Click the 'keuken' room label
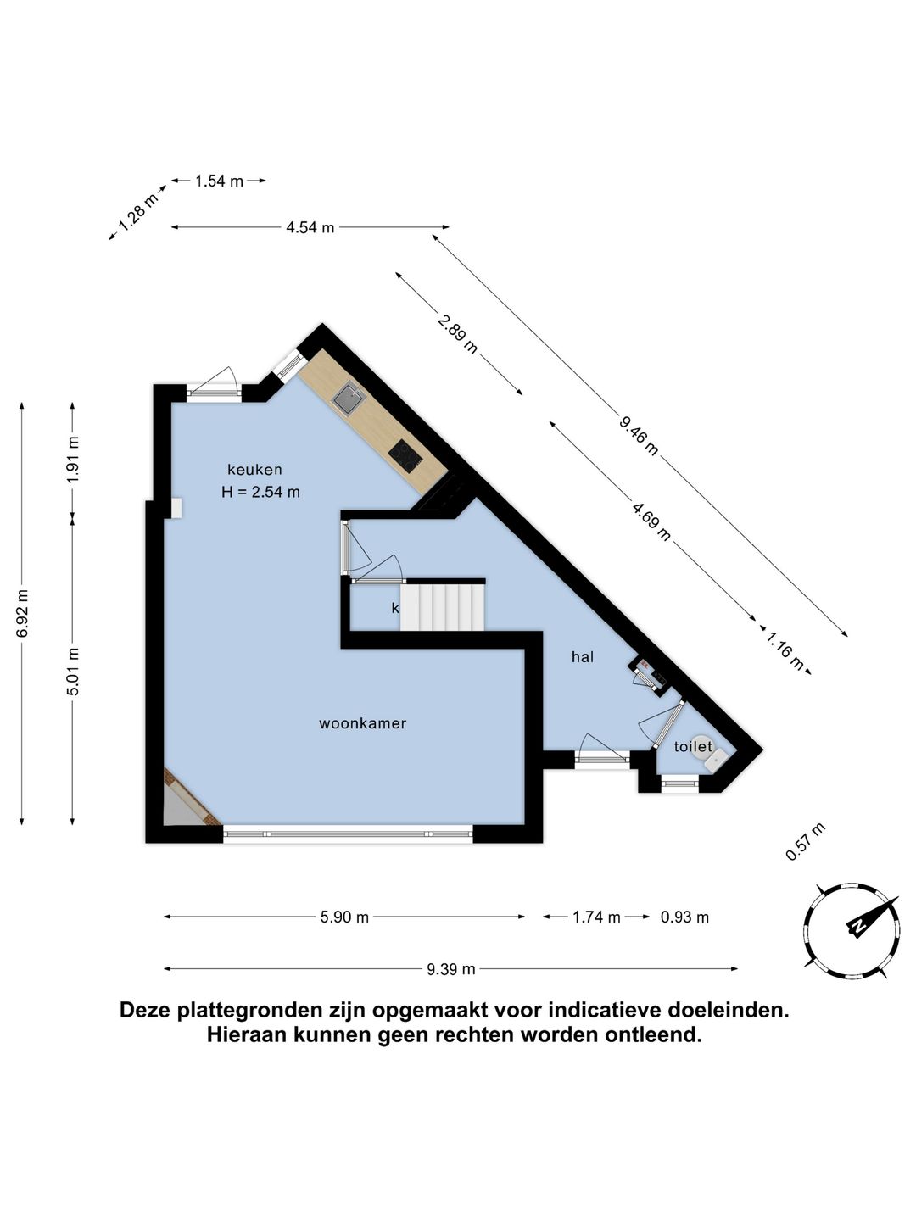click(254, 470)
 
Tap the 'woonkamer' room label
click(362, 723)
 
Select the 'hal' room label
click(583, 656)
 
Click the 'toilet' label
click(693, 747)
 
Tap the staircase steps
click(442, 606)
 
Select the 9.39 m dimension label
click(450, 969)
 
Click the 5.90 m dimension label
click(344, 917)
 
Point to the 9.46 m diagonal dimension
click(639, 435)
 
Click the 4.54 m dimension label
click(310, 227)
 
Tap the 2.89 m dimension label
click(458, 333)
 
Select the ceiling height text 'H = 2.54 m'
click(260, 492)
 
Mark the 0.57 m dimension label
click(804, 842)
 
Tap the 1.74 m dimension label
click(596, 917)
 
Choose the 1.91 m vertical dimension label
click(73, 458)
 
